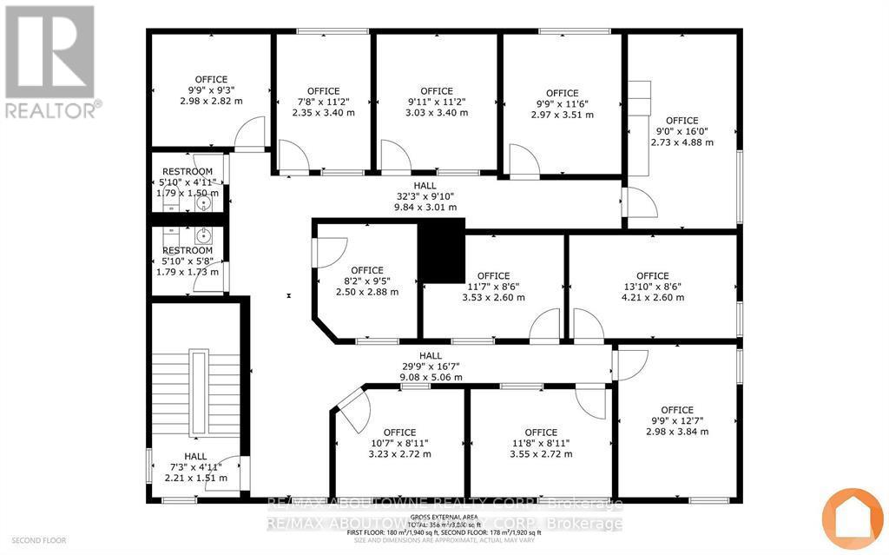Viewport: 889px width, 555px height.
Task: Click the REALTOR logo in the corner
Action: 50,61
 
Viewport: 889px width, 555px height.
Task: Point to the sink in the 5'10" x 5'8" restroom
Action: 203,235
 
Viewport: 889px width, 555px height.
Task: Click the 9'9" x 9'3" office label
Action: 211,90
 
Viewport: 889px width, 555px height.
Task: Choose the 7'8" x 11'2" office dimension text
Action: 324,102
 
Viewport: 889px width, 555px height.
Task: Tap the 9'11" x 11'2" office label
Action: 437,102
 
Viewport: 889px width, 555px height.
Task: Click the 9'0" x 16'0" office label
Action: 682,131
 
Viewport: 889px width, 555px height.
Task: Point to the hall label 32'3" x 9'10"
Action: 425,196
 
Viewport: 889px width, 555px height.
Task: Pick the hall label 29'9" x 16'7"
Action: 431,367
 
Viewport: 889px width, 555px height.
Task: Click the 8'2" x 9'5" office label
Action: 368,281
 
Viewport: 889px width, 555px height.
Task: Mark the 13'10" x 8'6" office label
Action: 652,287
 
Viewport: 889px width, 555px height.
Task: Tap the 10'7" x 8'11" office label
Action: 399,443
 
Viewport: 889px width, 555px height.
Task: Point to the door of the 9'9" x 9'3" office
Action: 249,135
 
